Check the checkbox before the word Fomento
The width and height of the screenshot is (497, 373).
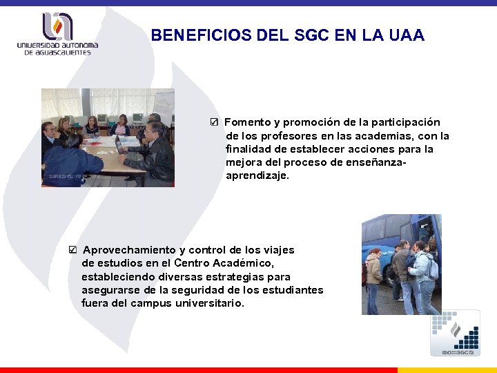pyautogui.click(x=215, y=122)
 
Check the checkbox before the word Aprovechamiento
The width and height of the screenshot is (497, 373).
pyautogui.click(x=73, y=250)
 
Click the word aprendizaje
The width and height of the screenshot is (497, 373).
pyautogui.click(x=257, y=175)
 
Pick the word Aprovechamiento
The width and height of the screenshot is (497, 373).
pyautogui.click(x=129, y=250)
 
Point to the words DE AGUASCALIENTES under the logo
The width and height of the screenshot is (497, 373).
pyautogui.click(x=57, y=53)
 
